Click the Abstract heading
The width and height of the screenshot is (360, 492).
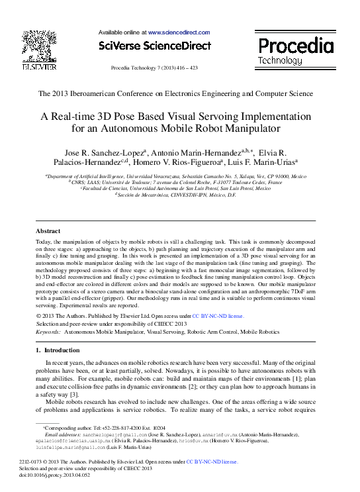click(x=48, y=231)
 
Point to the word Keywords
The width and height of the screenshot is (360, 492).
click(x=48, y=331)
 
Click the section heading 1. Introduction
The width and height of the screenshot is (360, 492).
click(x=57, y=350)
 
